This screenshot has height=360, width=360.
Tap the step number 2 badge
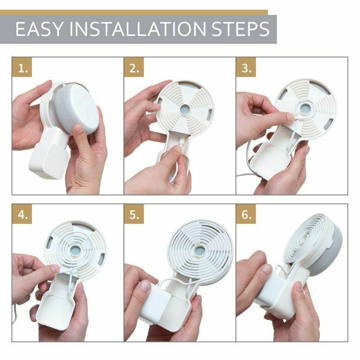(x=135, y=68)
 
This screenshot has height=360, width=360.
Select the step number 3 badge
(x=247, y=68)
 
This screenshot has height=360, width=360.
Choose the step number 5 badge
(x=135, y=215)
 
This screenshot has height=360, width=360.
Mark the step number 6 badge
(x=247, y=215)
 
